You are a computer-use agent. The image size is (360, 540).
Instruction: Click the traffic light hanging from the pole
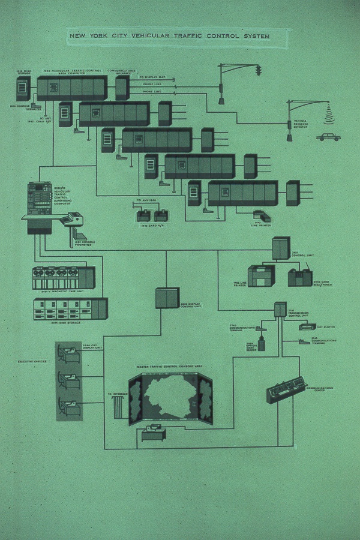[x=259, y=71]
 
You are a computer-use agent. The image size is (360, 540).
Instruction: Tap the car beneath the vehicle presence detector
[x=328, y=136]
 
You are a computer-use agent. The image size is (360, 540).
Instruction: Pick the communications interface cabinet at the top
[x=122, y=88]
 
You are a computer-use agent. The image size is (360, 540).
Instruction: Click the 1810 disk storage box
[x=23, y=88]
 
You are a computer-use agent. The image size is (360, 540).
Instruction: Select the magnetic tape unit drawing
[x=63, y=278]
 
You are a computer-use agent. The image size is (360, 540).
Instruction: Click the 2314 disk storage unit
[x=70, y=308]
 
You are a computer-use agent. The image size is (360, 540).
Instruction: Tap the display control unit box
[x=167, y=298]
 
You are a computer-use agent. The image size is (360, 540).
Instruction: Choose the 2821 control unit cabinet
[x=280, y=248]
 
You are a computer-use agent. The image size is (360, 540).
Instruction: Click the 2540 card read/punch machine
[x=300, y=277]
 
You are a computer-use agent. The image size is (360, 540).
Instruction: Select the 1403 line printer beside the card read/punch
[x=261, y=276]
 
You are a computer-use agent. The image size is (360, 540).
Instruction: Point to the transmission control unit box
[x=280, y=309]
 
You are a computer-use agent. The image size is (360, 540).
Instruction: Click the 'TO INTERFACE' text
[x=116, y=394]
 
